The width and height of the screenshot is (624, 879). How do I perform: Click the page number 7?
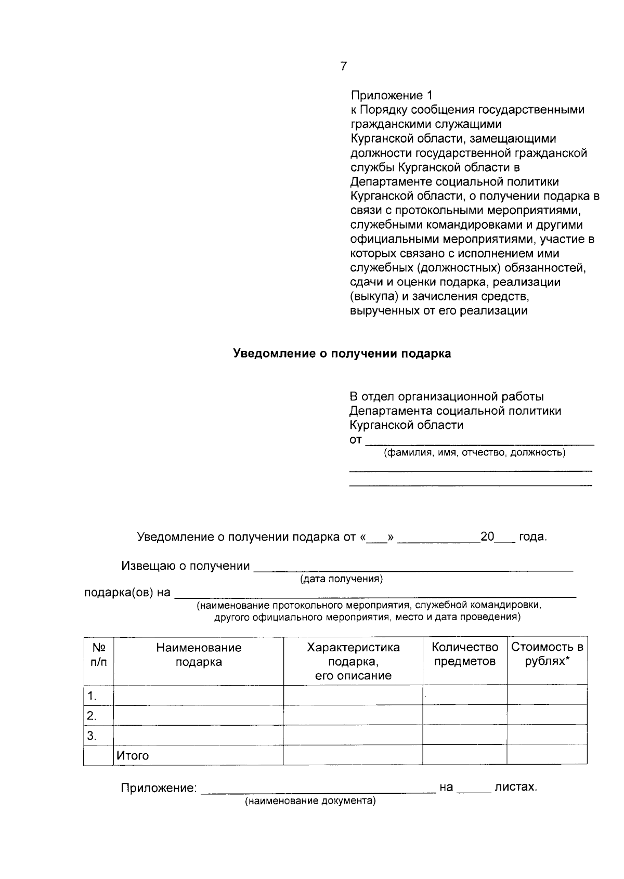(343, 66)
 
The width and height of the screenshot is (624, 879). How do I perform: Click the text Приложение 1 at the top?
(391, 96)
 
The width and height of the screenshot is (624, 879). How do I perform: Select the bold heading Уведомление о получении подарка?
(342, 353)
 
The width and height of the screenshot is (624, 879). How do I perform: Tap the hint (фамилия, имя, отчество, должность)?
(474, 453)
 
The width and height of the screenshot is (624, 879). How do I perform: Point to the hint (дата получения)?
(342, 579)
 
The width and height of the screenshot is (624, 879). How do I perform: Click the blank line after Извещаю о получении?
(413, 568)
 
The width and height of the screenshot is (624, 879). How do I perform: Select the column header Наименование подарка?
(199, 654)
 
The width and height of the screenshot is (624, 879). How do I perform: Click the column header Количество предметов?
(465, 654)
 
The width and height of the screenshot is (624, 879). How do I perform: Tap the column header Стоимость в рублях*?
(547, 654)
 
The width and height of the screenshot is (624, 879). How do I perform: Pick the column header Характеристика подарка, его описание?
(353, 661)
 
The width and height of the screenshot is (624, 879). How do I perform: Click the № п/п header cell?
(98, 654)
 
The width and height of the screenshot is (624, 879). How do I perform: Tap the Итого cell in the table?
(133, 755)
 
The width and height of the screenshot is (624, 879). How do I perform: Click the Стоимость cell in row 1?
(547, 696)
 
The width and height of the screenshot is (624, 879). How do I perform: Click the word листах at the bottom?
(515, 787)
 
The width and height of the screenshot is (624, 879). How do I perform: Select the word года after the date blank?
(532, 537)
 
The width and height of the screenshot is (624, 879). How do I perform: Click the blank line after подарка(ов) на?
(374, 594)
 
